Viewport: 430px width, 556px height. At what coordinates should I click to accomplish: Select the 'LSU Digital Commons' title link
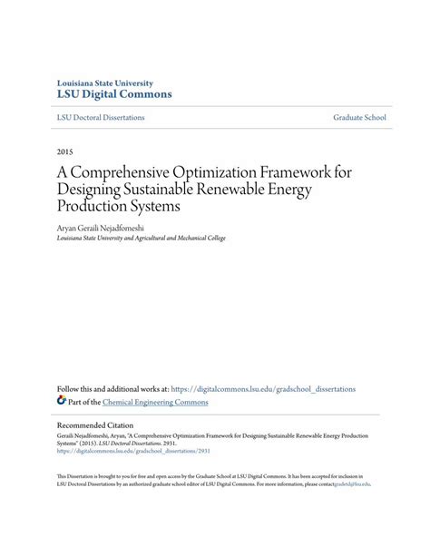pos(114,94)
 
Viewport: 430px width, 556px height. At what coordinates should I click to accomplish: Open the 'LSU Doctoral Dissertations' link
pos(101,118)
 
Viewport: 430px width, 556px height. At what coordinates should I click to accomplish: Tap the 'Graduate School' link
pos(360,118)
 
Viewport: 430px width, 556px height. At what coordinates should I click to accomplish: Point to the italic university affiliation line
pos(141,238)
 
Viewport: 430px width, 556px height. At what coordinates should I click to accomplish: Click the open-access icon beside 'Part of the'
pos(62,400)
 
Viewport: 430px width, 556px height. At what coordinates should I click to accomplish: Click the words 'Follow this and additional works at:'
pos(125,388)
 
